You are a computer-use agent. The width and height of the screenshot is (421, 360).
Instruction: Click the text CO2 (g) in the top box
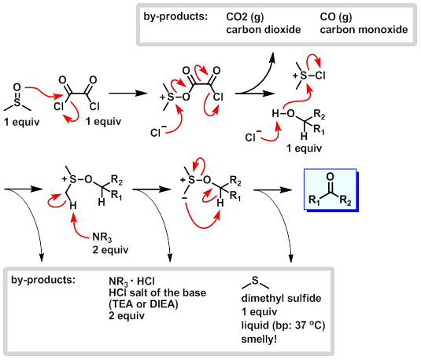pos(245,17)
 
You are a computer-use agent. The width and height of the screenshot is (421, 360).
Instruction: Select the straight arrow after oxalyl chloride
pos(125,92)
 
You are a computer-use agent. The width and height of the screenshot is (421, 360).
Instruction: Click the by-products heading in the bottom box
pos(42,281)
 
